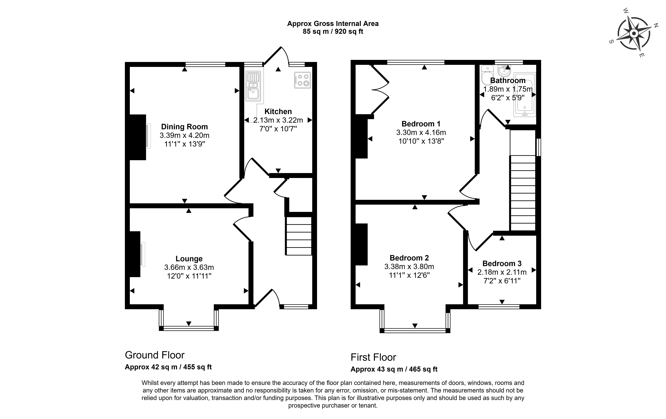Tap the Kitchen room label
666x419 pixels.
click(x=278, y=111)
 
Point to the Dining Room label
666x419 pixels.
click(x=184, y=127)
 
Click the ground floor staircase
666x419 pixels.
click(x=299, y=236)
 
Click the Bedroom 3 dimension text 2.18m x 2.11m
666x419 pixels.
click(x=502, y=272)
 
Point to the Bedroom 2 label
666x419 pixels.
click(x=409, y=258)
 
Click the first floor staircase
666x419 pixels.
click(x=523, y=193)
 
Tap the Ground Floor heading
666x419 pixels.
click(x=155, y=355)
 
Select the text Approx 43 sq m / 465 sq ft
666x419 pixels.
click(x=394, y=369)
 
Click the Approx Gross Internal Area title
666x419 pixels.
click(x=333, y=24)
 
